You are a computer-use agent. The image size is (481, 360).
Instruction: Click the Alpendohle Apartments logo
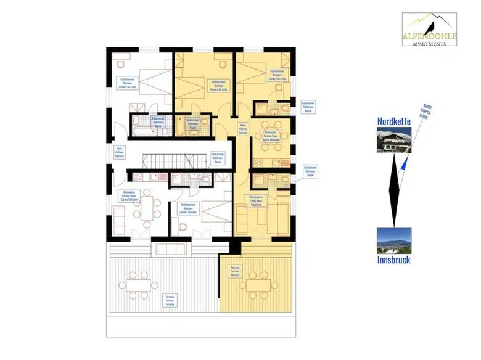pos(429,30)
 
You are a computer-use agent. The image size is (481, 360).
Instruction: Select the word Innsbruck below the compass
pos(393,260)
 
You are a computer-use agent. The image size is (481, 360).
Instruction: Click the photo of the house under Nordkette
pos(393,140)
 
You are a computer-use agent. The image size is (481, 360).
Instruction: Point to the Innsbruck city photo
pos(393,241)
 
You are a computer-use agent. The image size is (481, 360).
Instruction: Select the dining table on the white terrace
pos(138,285)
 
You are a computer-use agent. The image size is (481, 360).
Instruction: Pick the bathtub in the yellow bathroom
pos(179,128)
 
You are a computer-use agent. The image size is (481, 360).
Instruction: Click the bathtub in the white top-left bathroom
pos(137,131)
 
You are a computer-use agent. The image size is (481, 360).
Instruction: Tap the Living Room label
pos(257,200)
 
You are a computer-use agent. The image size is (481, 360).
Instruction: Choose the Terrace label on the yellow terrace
pos(235,272)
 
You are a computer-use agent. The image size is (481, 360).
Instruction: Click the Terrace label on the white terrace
pos(169,300)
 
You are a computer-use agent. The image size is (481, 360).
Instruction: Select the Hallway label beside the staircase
pos(120,152)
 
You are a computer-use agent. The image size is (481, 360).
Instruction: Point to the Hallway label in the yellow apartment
pos(243,128)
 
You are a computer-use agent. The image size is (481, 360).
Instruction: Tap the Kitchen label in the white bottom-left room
pos(129,197)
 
